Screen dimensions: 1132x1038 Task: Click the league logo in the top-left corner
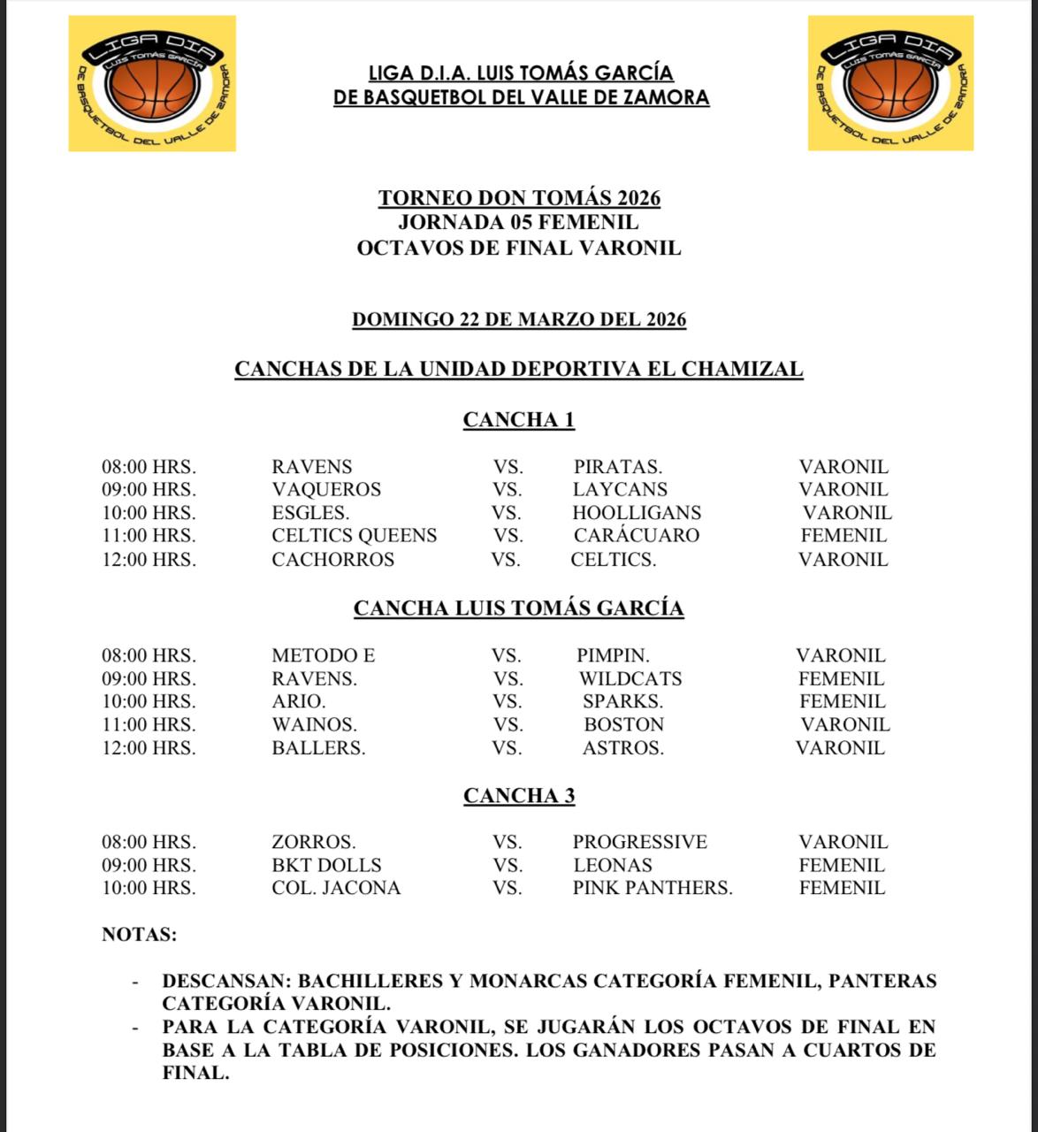tap(152, 83)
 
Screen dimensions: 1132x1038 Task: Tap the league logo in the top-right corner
tap(890, 83)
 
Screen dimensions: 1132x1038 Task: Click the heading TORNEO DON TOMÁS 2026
tap(519, 198)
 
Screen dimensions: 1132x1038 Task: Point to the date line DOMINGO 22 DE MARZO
tap(519, 319)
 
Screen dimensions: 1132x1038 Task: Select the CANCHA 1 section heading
tap(519, 420)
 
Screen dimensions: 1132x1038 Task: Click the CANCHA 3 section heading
tap(519, 796)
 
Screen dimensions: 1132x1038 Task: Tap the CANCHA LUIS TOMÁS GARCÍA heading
tap(519, 608)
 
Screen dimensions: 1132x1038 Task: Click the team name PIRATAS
tap(617, 467)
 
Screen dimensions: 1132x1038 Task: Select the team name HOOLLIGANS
tap(637, 513)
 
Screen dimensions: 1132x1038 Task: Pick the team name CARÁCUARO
tap(637, 536)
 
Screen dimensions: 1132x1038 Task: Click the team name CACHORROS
tap(332, 560)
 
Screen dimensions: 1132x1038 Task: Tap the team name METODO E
tap(323, 656)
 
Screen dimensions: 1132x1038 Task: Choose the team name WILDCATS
tap(630, 679)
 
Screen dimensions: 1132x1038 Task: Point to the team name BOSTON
tap(623, 725)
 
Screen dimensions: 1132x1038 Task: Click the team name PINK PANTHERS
tap(653, 888)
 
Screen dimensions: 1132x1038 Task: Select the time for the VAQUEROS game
tap(149, 490)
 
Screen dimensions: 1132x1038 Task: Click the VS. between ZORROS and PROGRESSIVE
tap(508, 843)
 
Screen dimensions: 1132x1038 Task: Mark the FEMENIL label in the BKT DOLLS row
tap(842, 866)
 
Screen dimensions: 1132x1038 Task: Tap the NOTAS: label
tap(140, 935)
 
